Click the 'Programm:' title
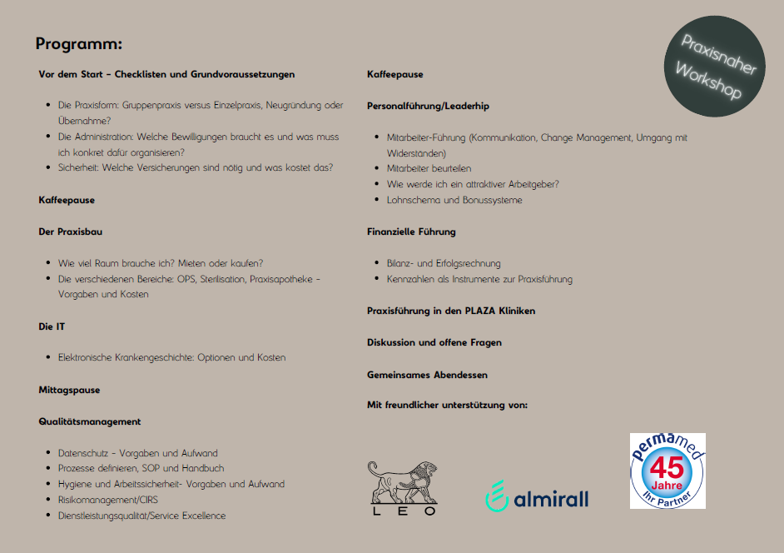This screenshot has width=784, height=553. [x=79, y=44]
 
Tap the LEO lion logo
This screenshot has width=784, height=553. [x=403, y=488]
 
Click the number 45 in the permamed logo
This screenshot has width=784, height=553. [x=667, y=466]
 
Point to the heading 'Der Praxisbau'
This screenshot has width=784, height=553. [x=71, y=232]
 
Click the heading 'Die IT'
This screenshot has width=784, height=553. [x=52, y=326]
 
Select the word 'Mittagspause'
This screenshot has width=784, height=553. [x=69, y=390]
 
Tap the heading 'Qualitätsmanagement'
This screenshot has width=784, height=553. [x=90, y=421]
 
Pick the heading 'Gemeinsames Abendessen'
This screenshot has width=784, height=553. [x=427, y=375]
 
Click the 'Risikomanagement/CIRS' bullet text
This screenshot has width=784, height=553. [x=107, y=500]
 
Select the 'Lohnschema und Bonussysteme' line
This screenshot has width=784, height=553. [x=454, y=200]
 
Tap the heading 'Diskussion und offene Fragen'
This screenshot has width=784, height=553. [x=434, y=342]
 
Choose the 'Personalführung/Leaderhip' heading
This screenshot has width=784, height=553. [x=428, y=106]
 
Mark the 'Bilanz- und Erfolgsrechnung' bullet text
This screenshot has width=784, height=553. [x=444, y=263]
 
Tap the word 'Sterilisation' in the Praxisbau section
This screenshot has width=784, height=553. [x=222, y=279]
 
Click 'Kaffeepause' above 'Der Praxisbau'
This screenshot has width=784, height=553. [x=67, y=200]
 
